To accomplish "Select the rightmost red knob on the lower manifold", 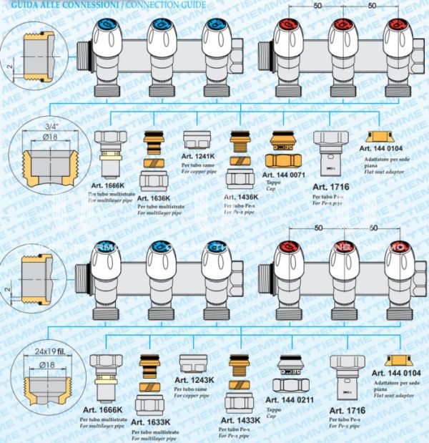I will click(398, 250).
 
